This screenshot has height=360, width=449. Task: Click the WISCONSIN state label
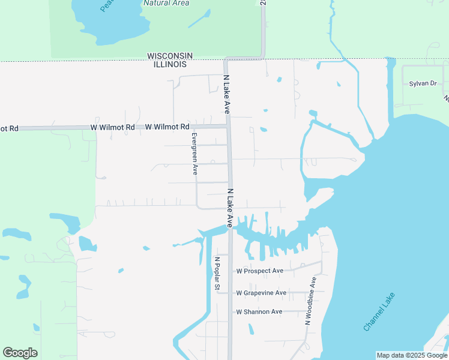(x=171, y=56)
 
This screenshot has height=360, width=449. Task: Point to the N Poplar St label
(x=217, y=274)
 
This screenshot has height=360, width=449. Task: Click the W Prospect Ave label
(x=259, y=271)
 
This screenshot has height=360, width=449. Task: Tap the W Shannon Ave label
(x=259, y=312)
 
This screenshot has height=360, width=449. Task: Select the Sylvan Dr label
(x=423, y=83)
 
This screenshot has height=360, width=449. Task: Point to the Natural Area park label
(x=166, y=3)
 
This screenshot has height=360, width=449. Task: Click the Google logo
(x=20, y=353)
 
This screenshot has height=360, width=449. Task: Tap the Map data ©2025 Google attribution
(x=412, y=355)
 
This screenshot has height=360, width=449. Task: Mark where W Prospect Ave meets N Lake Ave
(x=231, y=271)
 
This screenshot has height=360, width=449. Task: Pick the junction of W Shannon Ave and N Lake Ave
(x=231, y=312)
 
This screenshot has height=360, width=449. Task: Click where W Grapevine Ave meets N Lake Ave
(x=231, y=293)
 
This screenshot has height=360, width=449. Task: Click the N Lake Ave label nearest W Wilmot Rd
(x=227, y=95)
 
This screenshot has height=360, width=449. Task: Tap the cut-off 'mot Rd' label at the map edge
(x=9, y=128)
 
